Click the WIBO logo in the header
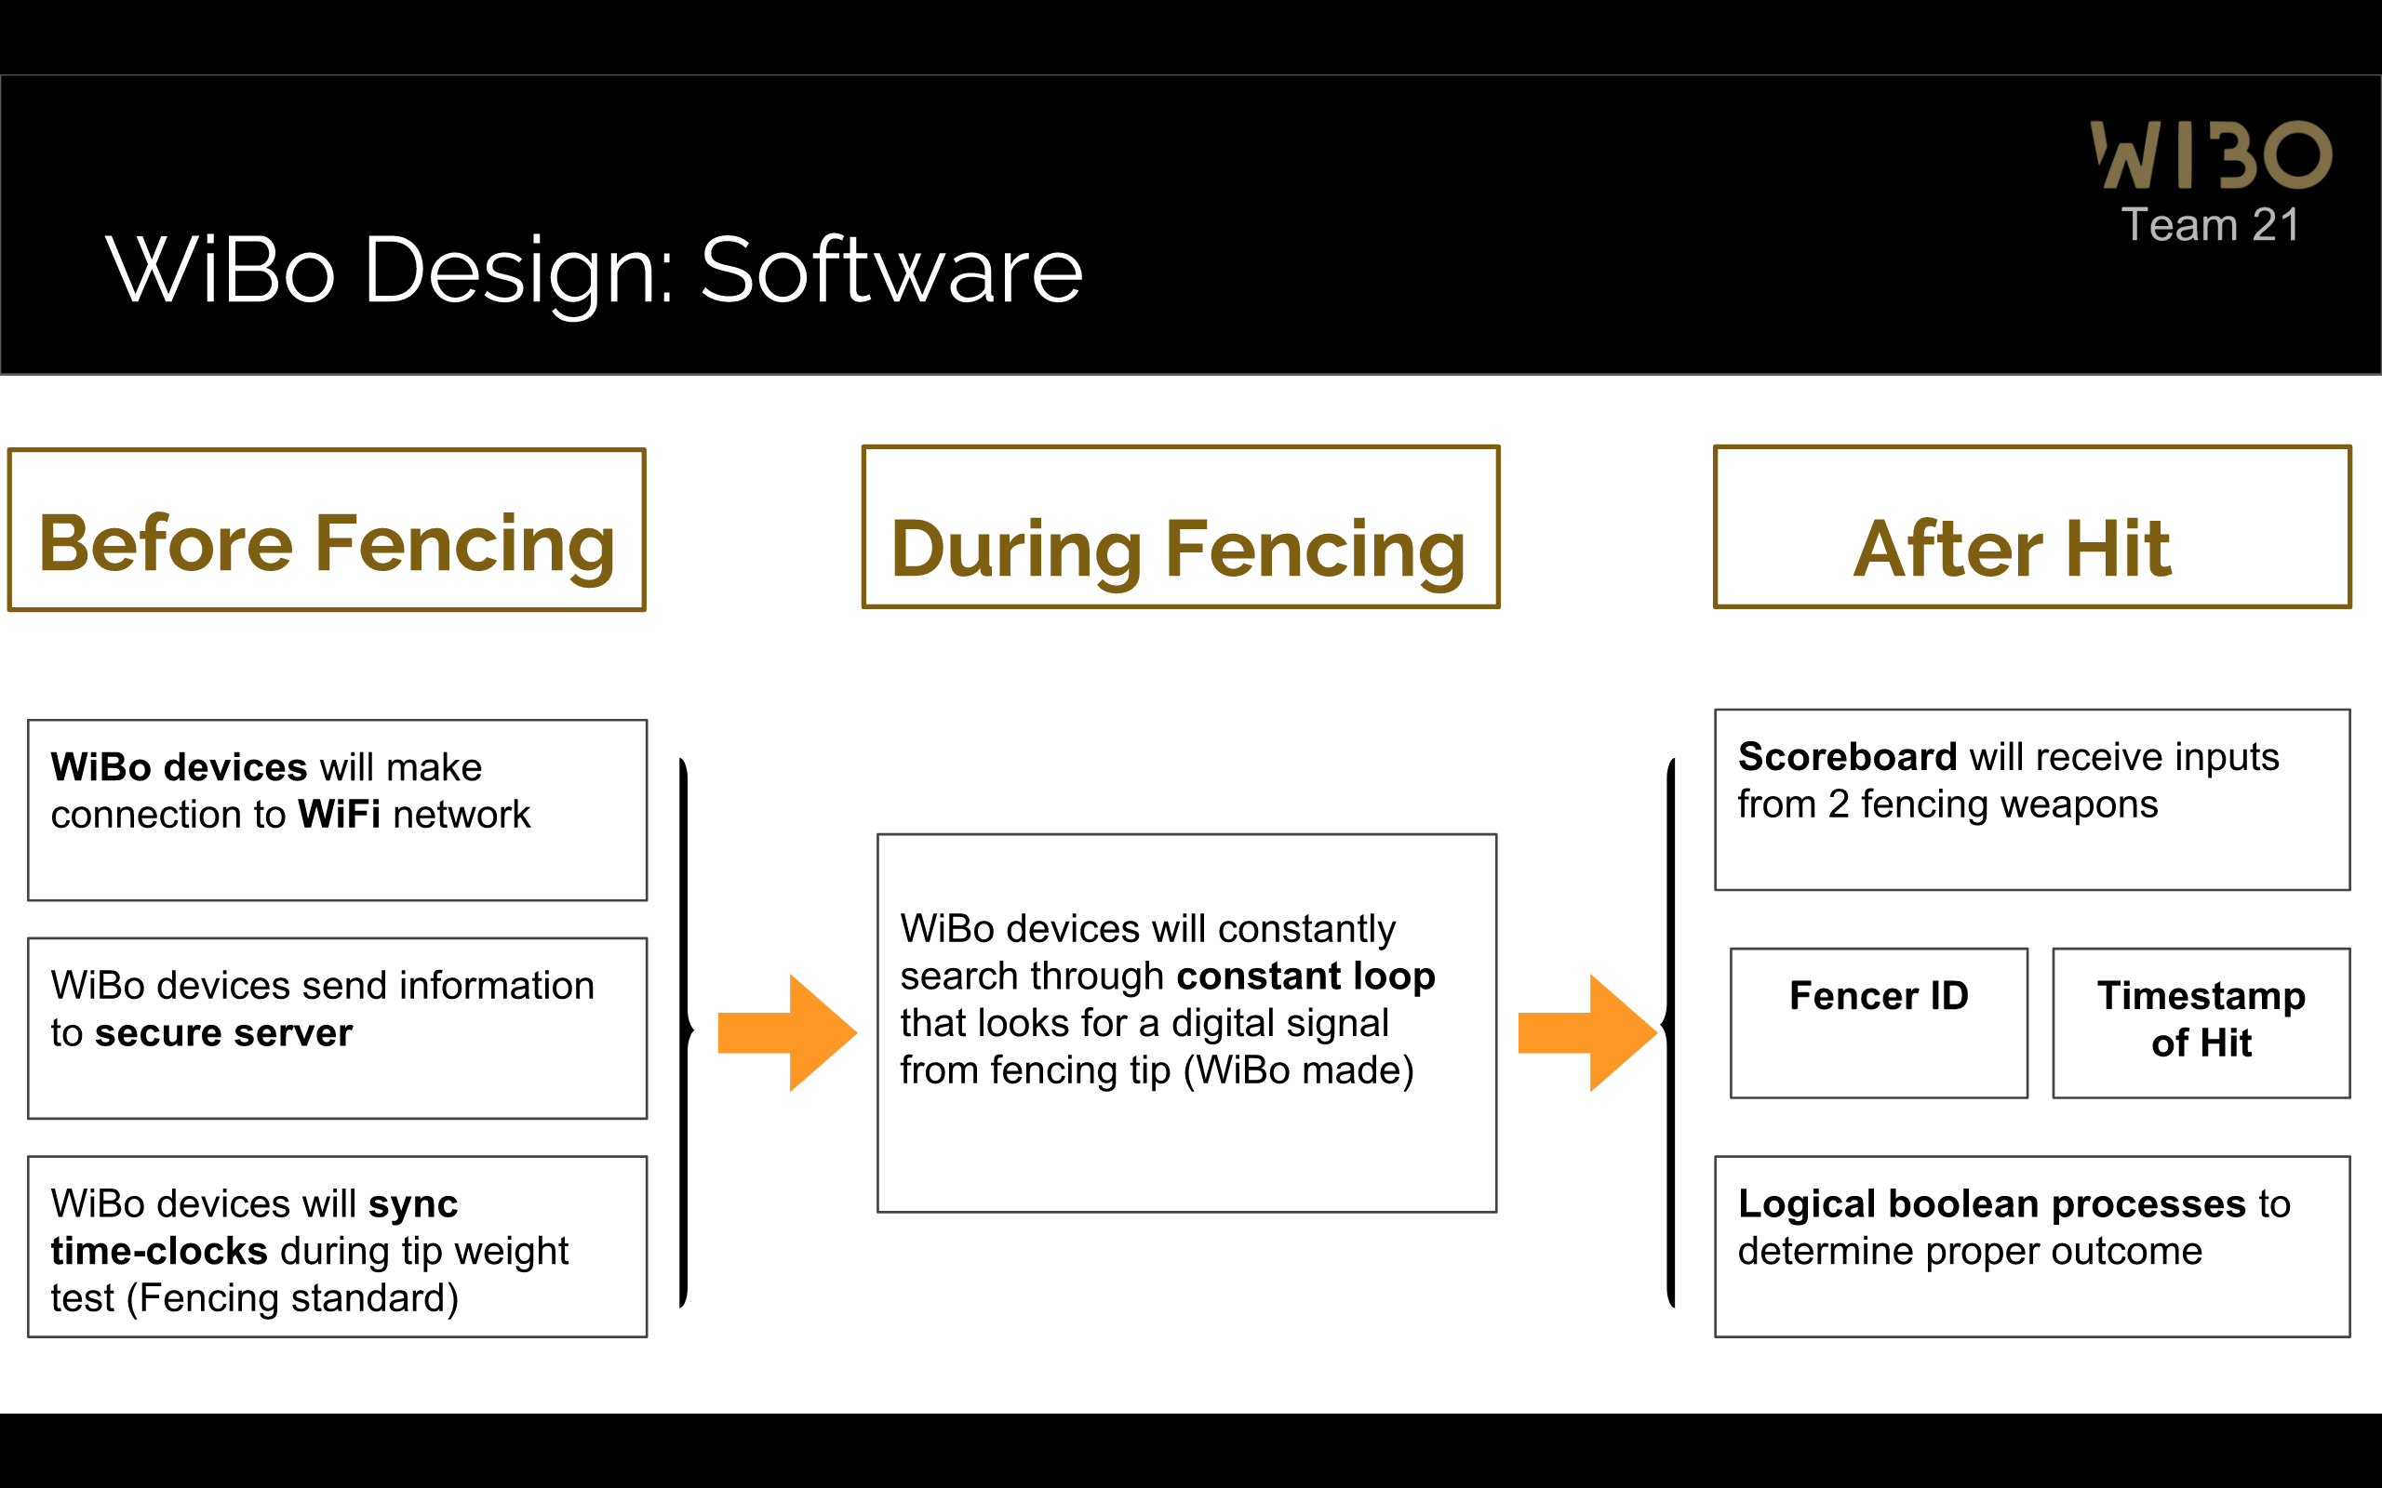click(2211, 154)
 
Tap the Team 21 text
click(2210, 225)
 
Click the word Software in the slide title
click(890, 271)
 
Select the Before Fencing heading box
click(327, 530)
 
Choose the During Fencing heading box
click(1180, 527)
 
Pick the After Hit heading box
click(2031, 527)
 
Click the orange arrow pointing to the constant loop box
click(786, 1032)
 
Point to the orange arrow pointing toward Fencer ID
click(1586, 1032)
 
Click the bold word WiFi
click(339, 815)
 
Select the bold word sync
click(412, 1203)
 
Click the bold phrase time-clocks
click(159, 1251)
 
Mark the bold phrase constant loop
click(1305, 976)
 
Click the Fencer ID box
click(1878, 1022)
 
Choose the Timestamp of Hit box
click(2201, 1022)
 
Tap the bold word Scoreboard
click(1848, 757)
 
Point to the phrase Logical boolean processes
click(1992, 1203)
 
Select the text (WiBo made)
click(1297, 1070)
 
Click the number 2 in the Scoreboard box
click(1838, 805)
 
